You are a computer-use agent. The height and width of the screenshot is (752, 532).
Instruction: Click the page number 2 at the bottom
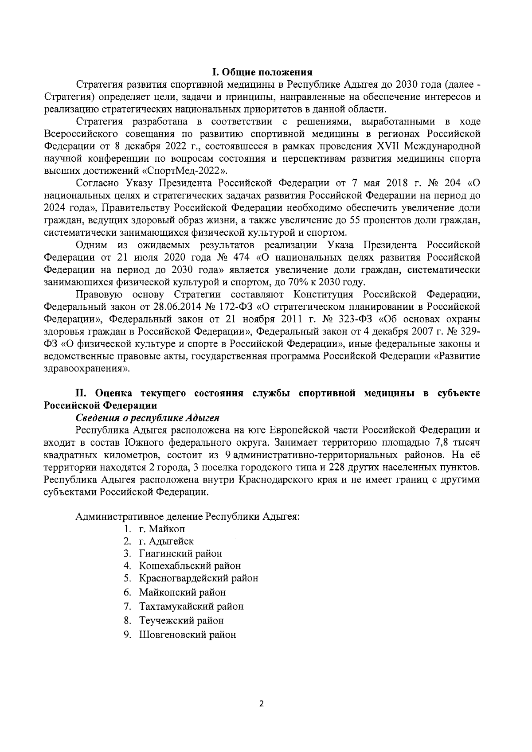pyautogui.click(x=261, y=704)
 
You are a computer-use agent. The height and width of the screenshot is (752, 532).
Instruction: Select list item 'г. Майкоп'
pyautogui.click(x=162, y=529)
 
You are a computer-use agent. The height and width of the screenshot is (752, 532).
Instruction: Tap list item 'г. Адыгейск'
pyautogui.click(x=166, y=541)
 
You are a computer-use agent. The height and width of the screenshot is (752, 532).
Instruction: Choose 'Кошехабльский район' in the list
pyautogui.click(x=190, y=566)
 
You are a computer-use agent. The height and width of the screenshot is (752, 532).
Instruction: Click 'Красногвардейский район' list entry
pyautogui.click(x=198, y=578)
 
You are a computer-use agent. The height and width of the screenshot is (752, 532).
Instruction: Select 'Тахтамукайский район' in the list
pyautogui.click(x=191, y=606)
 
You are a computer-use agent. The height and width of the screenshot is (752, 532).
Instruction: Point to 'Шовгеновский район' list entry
pyautogui.click(x=188, y=635)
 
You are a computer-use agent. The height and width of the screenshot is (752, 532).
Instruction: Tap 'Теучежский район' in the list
pyautogui.click(x=181, y=620)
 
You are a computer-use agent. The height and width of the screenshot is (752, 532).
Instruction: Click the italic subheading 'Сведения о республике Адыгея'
pyautogui.click(x=148, y=418)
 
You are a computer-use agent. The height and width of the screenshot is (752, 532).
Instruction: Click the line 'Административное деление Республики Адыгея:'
pyautogui.click(x=188, y=517)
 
